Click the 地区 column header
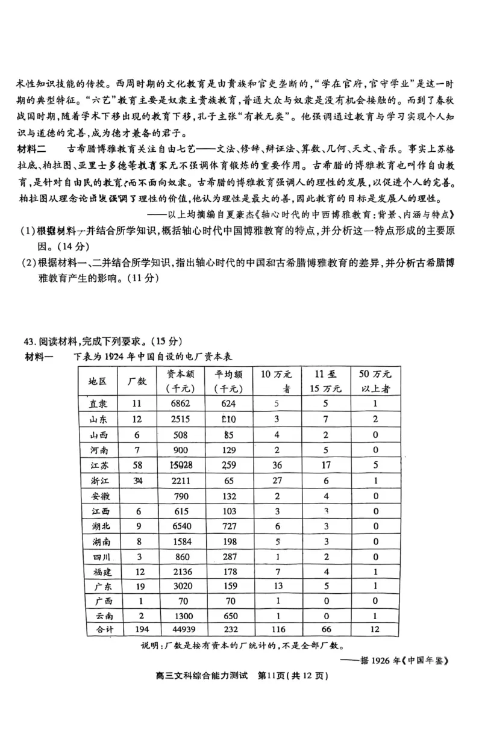[98, 382]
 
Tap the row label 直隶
[98, 405]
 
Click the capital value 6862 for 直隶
[180, 405]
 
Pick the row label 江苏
[98, 465]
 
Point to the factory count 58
[137, 465]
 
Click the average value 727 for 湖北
[228, 525]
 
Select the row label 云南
[98, 616]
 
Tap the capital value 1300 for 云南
[180, 616]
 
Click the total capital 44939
[180, 630]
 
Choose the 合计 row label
[98, 630]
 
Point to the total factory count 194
[137, 630]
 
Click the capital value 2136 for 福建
[180, 570]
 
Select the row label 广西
[98, 600]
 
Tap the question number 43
[31, 341]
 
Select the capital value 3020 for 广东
[180, 585]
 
